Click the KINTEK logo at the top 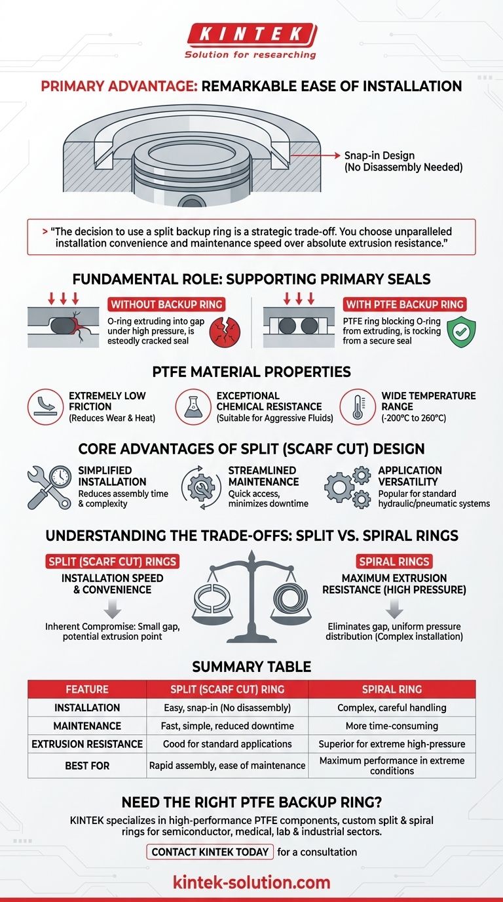click(x=251, y=34)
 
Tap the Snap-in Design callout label click(x=402, y=161)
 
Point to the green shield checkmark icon click(x=461, y=332)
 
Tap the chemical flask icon click(x=193, y=407)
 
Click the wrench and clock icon click(x=49, y=488)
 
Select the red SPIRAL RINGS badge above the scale click(x=394, y=562)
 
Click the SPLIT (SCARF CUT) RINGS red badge click(x=112, y=562)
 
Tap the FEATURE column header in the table click(x=86, y=690)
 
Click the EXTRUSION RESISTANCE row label click(x=86, y=744)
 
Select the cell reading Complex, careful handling click(x=392, y=708)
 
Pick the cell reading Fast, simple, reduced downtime click(x=227, y=726)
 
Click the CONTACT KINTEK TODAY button click(x=210, y=852)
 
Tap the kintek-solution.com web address click(x=251, y=882)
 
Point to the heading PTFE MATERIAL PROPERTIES click(x=251, y=372)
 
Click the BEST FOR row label click(x=86, y=765)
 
